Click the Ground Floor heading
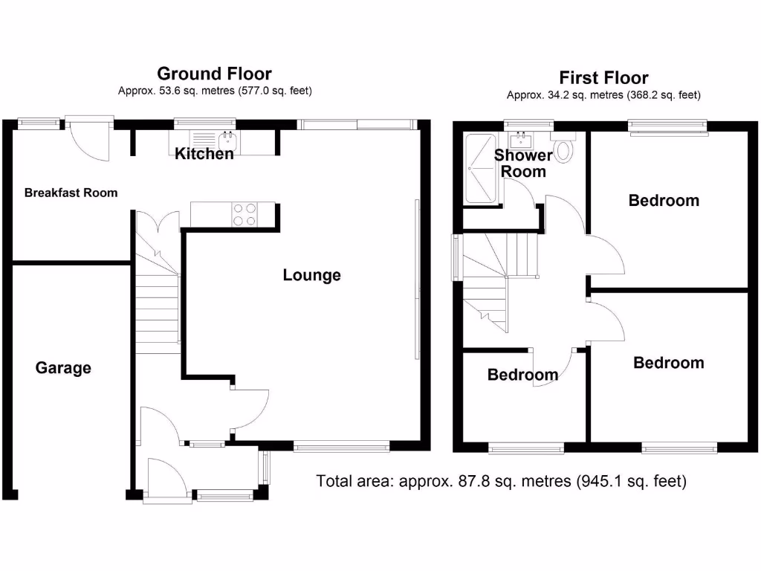(x=214, y=74)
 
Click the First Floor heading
(x=603, y=78)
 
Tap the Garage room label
(x=63, y=367)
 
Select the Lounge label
(x=311, y=275)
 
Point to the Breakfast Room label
(x=71, y=193)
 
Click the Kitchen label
(x=204, y=154)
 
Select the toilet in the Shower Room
(x=566, y=149)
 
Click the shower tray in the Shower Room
(x=481, y=169)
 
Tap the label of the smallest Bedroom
(x=522, y=375)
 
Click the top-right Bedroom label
(x=664, y=200)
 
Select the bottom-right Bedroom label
(x=668, y=363)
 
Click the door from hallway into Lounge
(x=250, y=407)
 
